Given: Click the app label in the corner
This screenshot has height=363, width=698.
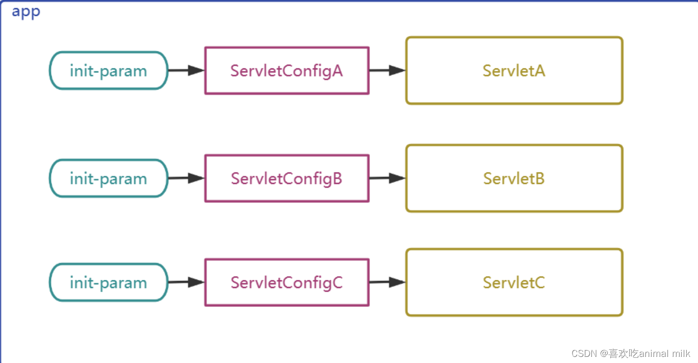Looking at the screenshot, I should click(26, 11).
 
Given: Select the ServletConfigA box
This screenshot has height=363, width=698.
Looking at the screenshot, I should click(286, 70).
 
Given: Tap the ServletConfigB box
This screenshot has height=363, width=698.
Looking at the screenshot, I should click(286, 178).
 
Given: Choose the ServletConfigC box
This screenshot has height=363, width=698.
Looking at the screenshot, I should click(286, 282).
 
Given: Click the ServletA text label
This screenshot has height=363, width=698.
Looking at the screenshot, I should click(514, 70).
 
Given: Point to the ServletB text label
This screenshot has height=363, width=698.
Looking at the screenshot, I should click(514, 178).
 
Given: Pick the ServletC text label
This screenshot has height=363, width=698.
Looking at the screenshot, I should click(514, 282).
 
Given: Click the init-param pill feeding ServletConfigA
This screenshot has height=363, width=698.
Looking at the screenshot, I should click(108, 70).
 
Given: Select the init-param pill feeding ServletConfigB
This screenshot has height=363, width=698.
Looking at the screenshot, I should click(108, 178).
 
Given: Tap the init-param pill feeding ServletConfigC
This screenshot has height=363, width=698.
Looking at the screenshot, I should click(108, 282).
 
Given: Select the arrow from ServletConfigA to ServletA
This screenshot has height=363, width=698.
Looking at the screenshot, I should click(387, 70).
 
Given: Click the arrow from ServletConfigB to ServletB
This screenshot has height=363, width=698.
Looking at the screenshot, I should click(387, 178).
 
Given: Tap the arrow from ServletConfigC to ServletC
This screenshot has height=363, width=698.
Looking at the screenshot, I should click(387, 282).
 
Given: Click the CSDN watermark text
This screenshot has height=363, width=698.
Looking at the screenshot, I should click(584, 353).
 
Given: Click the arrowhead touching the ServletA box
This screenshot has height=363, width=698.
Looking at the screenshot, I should click(397, 70).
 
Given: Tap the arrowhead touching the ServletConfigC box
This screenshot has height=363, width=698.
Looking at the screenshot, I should click(196, 282).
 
